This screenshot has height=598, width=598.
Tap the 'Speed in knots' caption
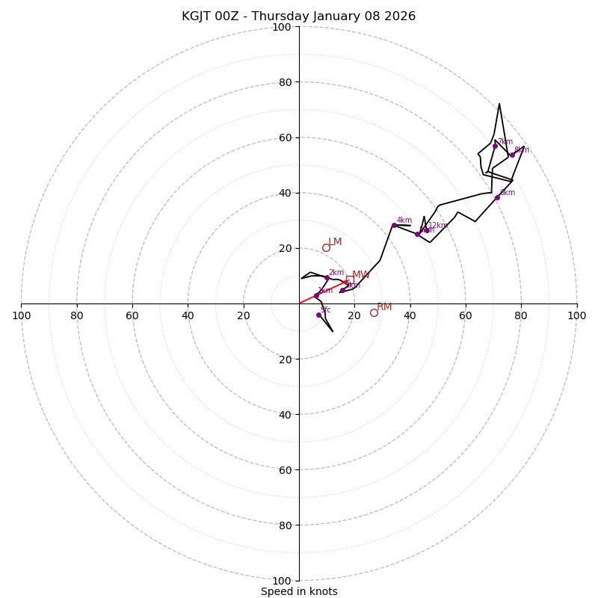pos(299,591)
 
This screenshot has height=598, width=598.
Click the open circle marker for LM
pos(326,248)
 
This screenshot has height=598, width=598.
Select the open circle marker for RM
pos(374,312)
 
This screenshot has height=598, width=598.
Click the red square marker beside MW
pos(349,280)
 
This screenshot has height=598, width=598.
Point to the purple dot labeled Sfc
pos(318,315)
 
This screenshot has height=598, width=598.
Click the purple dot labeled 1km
pos(316,295)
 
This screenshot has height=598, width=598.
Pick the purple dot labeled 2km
pos(327,277)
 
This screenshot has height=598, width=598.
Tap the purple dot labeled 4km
pos(394,225)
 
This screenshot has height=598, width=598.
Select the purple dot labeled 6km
pos(497,197)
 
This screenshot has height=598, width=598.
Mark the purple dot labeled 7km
pos(495,146)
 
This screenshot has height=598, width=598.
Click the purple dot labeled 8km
pos(512,155)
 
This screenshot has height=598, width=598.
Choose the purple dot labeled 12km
pos(427,230)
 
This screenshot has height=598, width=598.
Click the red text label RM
pos(384,306)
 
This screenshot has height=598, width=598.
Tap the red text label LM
pos(335,241)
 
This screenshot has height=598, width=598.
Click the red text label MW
pos(361,274)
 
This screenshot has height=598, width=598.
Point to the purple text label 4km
pos(404,220)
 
